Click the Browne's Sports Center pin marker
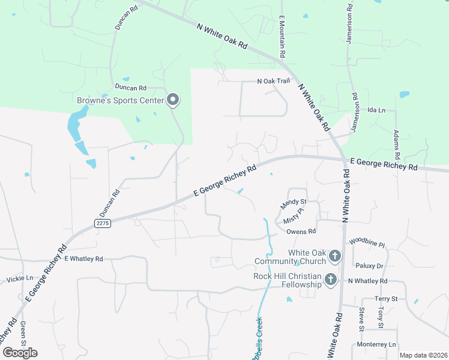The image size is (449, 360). coord(173,100)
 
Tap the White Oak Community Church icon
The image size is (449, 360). coord(334,257)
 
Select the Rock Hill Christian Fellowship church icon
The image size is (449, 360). coord(330,280)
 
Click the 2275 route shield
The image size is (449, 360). coord(103,223)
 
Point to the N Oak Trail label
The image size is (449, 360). coord(273,81)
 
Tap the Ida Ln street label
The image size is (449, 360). coord(376,110)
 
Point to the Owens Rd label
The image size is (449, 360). coord(301,231)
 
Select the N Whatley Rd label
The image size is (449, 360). coord(367,281)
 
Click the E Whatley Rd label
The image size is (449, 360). coord(83,259)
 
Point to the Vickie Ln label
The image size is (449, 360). coord(20,280)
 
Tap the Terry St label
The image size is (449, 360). coord(386,299)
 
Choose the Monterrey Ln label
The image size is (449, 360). coord(376,344)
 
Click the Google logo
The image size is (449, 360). coord(20,352)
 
